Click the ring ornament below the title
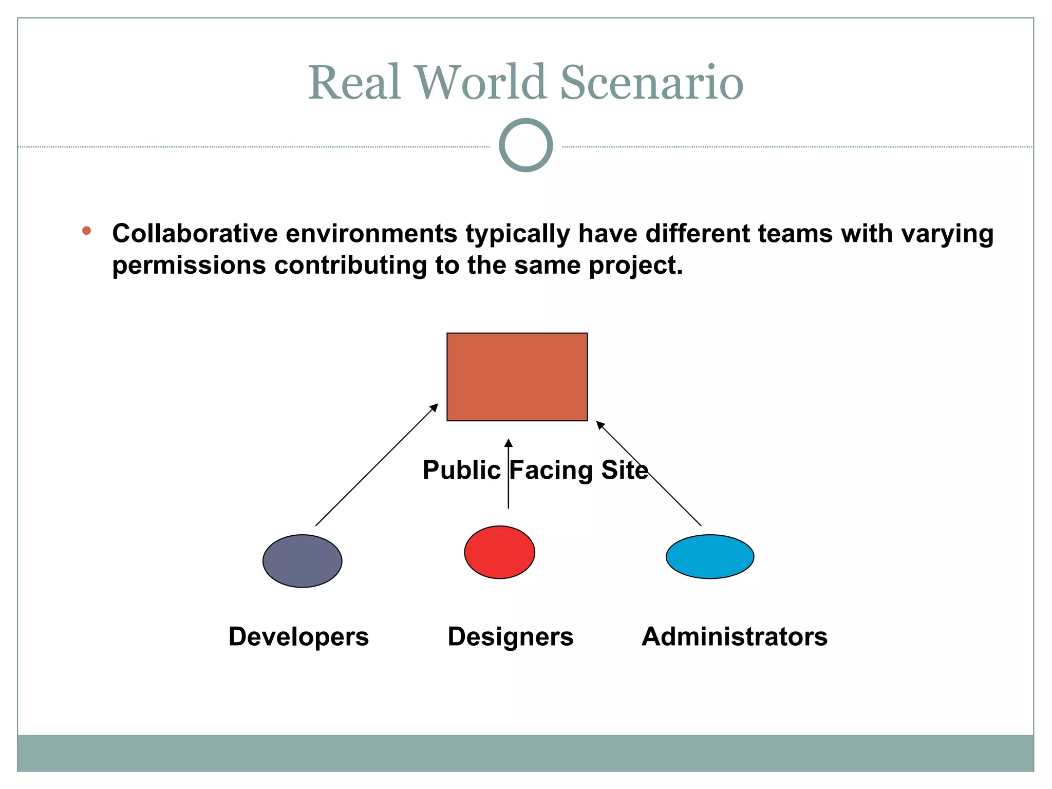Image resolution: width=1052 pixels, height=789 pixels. (x=525, y=145)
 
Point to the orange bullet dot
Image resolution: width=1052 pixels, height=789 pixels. (x=86, y=231)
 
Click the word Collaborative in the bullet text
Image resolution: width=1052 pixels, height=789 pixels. (x=194, y=234)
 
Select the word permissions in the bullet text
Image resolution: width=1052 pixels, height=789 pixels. (x=189, y=266)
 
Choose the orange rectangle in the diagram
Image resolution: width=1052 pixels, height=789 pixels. (x=517, y=377)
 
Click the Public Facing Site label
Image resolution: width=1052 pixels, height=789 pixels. (x=535, y=469)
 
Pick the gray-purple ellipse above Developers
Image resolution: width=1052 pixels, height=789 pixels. (x=302, y=561)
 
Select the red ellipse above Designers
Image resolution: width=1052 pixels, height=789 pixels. (x=499, y=552)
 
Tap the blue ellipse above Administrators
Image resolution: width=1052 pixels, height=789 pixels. (x=709, y=556)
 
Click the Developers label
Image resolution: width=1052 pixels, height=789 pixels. (x=298, y=636)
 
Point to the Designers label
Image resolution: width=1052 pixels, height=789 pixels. (x=510, y=636)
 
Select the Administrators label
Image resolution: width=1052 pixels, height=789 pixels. (x=735, y=636)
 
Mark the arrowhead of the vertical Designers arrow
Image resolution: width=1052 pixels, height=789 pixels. (x=508, y=443)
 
